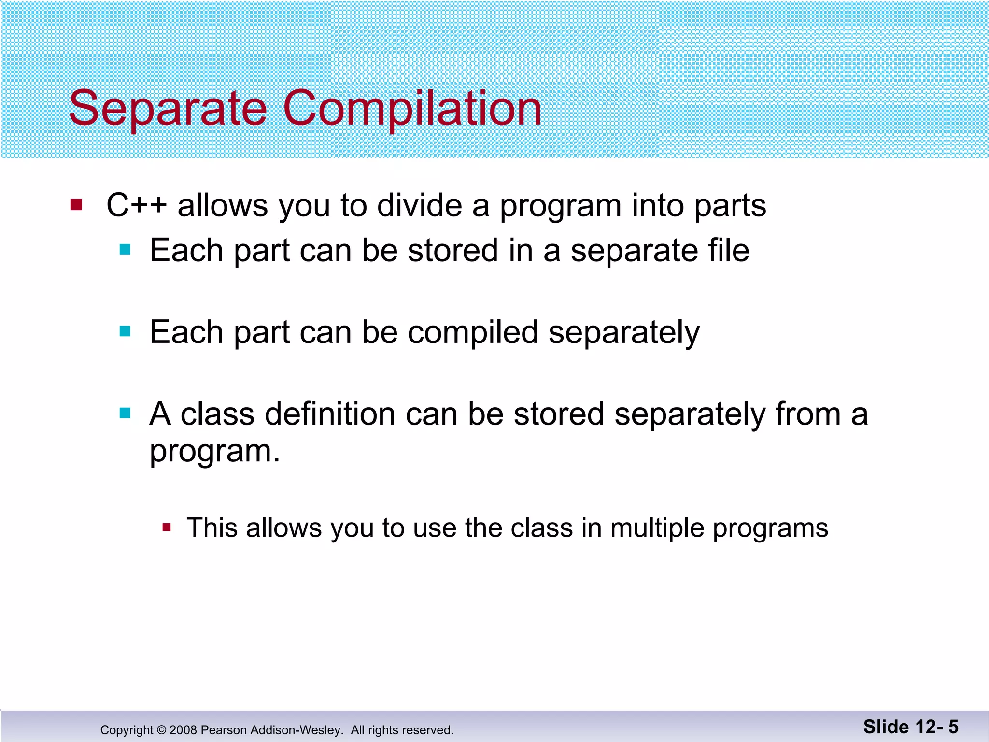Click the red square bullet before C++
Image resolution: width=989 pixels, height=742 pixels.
point(76,204)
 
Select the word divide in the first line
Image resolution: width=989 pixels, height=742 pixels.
point(419,206)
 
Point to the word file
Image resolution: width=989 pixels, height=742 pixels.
point(728,251)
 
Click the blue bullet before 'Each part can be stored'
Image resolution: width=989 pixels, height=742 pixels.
point(125,250)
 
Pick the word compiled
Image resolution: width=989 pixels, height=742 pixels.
point(472,333)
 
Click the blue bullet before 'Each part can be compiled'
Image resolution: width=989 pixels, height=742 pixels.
point(125,331)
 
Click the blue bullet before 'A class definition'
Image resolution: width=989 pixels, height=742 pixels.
point(125,414)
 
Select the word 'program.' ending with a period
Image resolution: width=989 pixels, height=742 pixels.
point(214,452)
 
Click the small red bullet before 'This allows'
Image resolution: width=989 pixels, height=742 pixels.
point(167,527)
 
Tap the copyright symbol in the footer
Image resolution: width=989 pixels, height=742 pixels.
point(161,730)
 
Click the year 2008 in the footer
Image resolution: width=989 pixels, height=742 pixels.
point(183,730)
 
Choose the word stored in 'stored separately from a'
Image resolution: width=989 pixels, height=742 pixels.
point(559,414)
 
